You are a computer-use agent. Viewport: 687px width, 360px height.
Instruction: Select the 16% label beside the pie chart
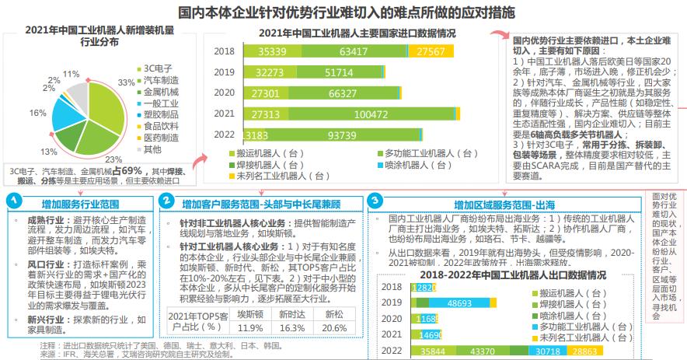tap(37, 113)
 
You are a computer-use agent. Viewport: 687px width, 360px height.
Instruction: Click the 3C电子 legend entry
tap(159, 68)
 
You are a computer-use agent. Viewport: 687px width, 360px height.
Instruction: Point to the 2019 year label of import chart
tap(224, 72)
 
